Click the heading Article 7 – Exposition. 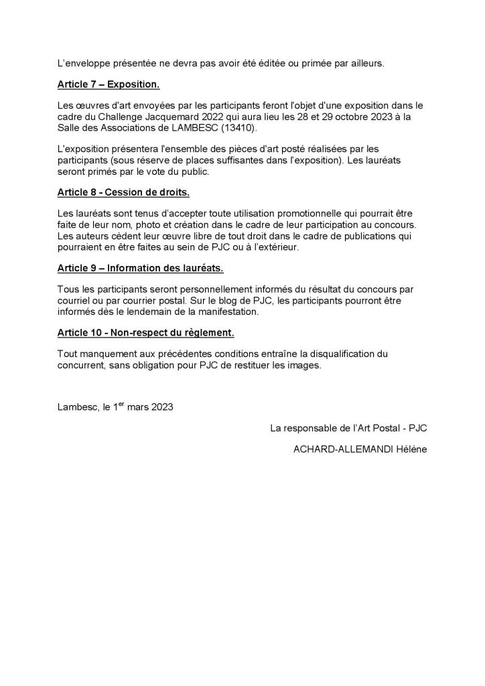coord(108,85)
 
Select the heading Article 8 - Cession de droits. coord(123,192)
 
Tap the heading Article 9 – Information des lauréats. coord(140,268)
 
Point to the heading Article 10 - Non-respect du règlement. coord(145,332)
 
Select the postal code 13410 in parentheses coord(240,128)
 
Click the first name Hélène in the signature coord(412,450)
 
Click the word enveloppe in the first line coord(89,64)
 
